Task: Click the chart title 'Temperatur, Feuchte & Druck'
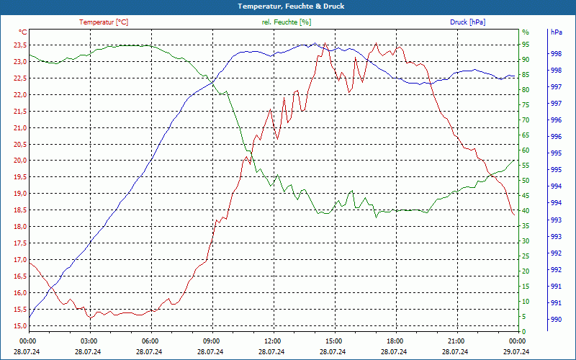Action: pyautogui.click(x=288, y=6)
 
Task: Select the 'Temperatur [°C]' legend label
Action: pyautogui.click(x=104, y=22)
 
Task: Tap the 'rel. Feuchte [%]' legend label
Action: pyautogui.click(x=287, y=22)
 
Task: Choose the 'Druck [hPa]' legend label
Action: pyautogui.click(x=467, y=22)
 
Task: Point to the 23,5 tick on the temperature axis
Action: pyautogui.click(x=19, y=45)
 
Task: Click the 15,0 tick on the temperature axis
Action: pyautogui.click(x=19, y=326)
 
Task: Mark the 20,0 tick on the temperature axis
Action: pyautogui.click(x=19, y=161)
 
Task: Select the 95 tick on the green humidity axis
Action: pyautogui.click(x=526, y=45)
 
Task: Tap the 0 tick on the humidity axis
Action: pyautogui.click(x=524, y=332)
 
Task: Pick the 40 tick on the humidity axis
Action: pyautogui.click(x=526, y=211)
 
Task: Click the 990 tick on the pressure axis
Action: pyautogui.click(x=557, y=320)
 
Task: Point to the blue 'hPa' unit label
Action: pyautogui.click(x=557, y=32)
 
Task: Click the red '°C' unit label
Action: pyautogui.click(x=23, y=32)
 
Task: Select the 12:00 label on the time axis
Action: pyautogui.click(x=273, y=341)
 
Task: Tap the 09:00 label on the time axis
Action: pyautogui.click(x=212, y=341)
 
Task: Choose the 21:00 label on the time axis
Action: pyautogui.click(x=456, y=341)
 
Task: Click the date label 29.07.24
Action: pyautogui.click(x=517, y=351)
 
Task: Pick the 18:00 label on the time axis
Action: pyautogui.click(x=395, y=341)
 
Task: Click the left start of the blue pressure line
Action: pyautogui.click(x=30, y=317)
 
